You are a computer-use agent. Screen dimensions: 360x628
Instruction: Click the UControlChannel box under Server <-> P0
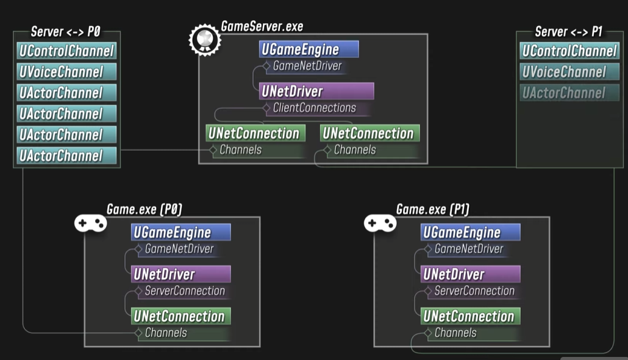tap(66, 51)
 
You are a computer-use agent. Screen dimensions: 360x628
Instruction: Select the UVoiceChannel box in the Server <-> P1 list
tap(569, 72)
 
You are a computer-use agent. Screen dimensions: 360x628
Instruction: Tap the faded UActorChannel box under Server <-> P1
tap(569, 93)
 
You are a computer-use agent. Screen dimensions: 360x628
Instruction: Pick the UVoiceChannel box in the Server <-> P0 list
tap(66, 72)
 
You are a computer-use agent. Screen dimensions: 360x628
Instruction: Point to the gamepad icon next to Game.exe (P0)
tap(90, 223)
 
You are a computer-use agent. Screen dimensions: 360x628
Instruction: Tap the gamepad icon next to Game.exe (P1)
tap(380, 223)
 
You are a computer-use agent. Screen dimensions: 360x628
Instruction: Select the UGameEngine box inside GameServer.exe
tap(309, 49)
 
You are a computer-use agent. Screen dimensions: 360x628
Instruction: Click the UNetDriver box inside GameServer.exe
tap(316, 92)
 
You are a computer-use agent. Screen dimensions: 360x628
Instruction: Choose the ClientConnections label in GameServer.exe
tap(314, 108)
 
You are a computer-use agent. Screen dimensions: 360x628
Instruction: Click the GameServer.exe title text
tap(262, 26)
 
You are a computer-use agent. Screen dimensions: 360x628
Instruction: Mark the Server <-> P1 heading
tap(568, 32)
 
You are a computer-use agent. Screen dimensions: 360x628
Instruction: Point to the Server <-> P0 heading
tap(65, 32)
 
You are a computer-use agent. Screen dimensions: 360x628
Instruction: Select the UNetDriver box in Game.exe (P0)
tap(181, 274)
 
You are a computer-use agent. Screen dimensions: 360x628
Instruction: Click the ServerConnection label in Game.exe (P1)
tap(474, 291)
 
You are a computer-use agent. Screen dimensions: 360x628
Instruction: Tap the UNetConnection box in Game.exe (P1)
tap(470, 316)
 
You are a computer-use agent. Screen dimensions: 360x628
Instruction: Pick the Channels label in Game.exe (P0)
tap(166, 333)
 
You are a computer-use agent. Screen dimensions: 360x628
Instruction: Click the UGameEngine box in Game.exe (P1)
tap(470, 232)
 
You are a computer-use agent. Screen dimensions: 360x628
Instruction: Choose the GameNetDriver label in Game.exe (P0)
tap(179, 249)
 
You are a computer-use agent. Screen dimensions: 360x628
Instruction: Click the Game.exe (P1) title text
tap(432, 209)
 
